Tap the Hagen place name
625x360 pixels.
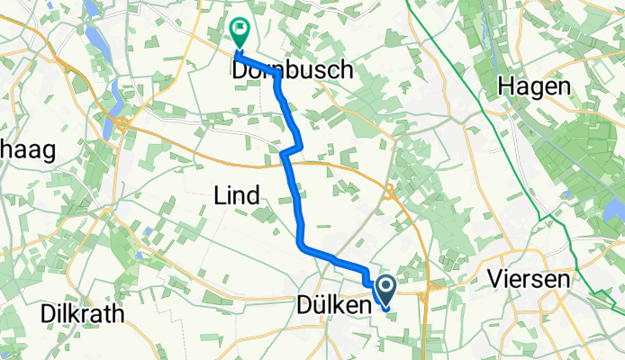coord(537,87)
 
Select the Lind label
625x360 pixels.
coord(238,194)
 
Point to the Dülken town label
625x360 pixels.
coord(333,308)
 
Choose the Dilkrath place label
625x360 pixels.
coord(82,314)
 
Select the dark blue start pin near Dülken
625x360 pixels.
coord(386,292)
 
